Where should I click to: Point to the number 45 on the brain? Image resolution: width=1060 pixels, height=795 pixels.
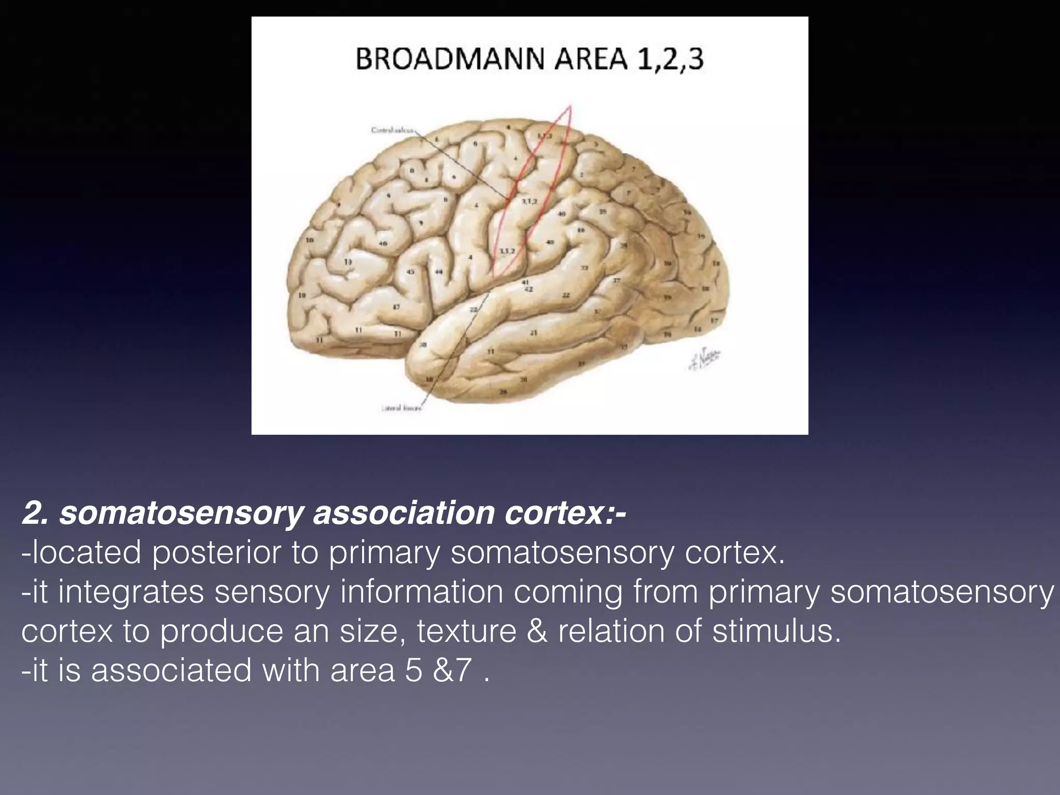click(x=410, y=272)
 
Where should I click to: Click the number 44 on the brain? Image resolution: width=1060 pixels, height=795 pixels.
click(x=439, y=272)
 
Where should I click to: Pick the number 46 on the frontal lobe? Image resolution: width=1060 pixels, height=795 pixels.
click(x=383, y=243)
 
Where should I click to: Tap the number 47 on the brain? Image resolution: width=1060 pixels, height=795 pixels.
click(x=396, y=307)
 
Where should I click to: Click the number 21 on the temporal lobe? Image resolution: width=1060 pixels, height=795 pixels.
click(x=534, y=333)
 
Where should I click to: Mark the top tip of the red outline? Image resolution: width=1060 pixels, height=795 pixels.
click(x=569, y=106)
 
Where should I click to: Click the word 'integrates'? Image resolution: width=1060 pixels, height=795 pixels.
click(x=131, y=592)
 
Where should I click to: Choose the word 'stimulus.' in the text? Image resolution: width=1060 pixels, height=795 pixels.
click(x=776, y=631)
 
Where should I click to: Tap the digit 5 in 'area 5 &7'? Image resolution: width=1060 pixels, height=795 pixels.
click(x=414, y=671)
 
